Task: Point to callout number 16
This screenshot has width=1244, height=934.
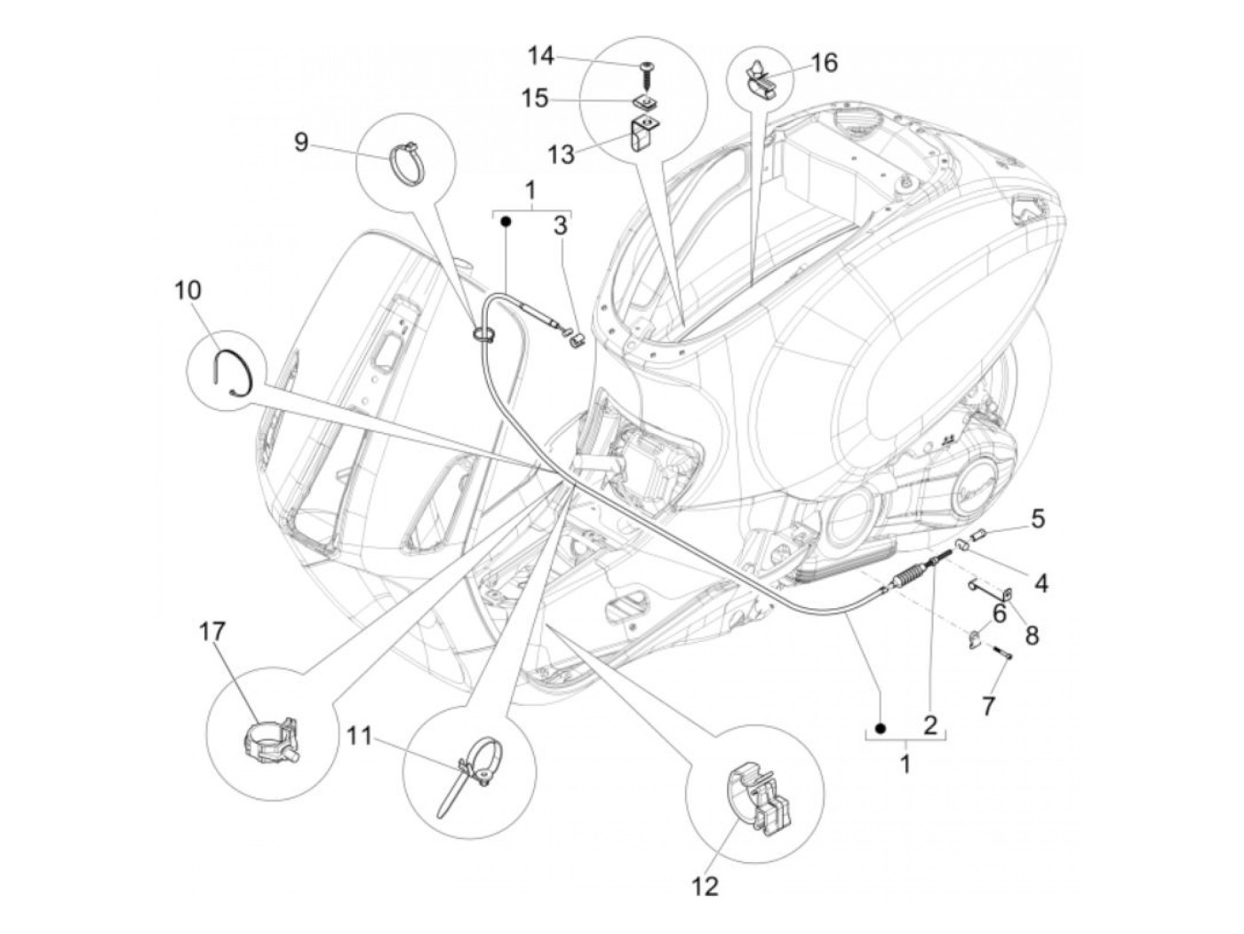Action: (823, 63)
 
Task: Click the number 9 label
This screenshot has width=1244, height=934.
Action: (301, 141)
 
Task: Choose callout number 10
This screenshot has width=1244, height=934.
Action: (188, 290)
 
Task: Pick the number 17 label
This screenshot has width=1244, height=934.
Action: (213, 631)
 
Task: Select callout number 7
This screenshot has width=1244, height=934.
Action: (988, 707)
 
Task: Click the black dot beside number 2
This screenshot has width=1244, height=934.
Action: (881, 728)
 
